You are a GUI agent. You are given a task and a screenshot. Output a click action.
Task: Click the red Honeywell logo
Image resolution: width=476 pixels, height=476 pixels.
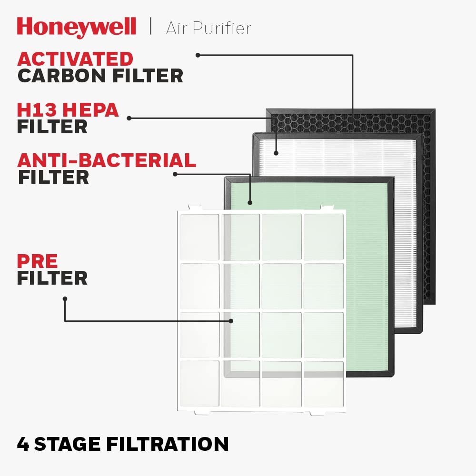76,27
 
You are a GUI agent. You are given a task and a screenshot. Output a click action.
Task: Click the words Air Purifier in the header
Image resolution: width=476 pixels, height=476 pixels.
208,28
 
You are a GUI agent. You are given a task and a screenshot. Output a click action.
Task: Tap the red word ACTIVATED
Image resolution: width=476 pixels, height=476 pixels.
75,59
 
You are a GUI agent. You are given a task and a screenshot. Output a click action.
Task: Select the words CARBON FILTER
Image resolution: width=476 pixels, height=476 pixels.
100,76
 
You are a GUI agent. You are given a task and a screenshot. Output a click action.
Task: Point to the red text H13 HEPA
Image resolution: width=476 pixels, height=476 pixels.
68,110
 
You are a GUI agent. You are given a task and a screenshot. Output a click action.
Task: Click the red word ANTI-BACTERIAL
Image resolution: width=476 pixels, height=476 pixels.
107,160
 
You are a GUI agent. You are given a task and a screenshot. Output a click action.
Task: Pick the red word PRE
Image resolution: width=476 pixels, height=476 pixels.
38,261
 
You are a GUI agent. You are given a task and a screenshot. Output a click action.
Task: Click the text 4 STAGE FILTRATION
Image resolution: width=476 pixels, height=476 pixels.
123,444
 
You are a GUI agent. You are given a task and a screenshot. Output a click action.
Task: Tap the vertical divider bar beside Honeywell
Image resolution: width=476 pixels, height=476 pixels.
151,27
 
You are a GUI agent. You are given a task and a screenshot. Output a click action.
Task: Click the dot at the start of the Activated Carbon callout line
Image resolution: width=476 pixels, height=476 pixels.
198,55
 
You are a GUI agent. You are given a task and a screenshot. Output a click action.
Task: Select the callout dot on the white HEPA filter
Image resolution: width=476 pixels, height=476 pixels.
276,153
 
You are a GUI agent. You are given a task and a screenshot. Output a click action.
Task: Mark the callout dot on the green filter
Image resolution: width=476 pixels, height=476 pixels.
250,203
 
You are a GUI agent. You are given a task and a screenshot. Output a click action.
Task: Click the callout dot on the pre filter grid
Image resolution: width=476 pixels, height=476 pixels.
231,321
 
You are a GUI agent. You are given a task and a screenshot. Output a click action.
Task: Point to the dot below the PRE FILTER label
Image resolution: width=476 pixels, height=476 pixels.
65,299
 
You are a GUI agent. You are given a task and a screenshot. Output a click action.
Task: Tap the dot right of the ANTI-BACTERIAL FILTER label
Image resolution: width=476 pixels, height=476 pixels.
175,174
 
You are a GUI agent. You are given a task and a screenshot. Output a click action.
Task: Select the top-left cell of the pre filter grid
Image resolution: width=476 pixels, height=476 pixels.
199,237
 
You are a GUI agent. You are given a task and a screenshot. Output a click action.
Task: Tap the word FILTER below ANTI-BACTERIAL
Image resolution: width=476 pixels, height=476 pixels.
53,177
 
